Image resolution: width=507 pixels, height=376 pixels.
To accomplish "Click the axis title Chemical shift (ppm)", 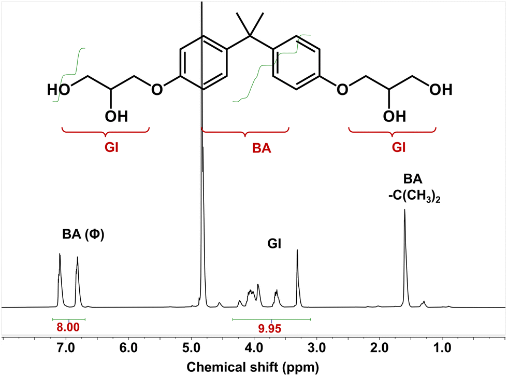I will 254,367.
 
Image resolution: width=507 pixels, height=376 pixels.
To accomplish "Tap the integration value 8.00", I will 69,327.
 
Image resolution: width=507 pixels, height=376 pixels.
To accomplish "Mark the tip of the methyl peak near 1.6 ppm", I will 404,210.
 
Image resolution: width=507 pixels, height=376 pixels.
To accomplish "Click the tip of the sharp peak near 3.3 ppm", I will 297,250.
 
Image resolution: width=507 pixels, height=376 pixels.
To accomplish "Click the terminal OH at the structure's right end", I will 440,89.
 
